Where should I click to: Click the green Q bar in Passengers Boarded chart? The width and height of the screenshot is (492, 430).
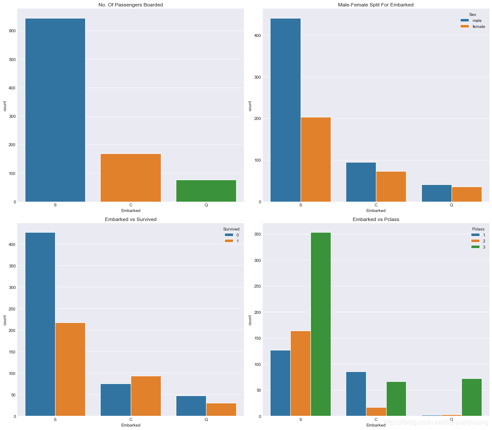[x=206, y=191]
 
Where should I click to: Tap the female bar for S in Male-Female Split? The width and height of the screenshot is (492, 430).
[x=316, y=160]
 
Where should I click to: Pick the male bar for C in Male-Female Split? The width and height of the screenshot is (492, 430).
[x=361, y=182]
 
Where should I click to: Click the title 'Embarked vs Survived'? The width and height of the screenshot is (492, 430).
[x=131, y=219]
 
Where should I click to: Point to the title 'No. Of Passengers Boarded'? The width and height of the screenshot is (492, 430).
[x=131, y=5]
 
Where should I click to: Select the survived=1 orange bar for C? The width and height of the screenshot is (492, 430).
[x=146, y=396]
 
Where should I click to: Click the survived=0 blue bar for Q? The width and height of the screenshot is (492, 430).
[x=191, y=406]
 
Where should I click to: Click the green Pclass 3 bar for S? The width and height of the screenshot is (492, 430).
[x=321, y=324]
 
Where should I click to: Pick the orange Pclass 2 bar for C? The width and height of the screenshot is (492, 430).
[x=376, y=412]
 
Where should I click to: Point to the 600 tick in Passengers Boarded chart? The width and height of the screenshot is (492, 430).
[x=12, y=31]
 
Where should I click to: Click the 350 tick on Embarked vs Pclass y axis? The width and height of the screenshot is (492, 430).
[x=257, y=234]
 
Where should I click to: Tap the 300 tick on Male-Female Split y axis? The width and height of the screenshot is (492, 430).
[x=257, y=77]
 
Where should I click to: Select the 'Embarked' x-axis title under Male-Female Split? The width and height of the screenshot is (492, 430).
[x=376, y=211]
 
